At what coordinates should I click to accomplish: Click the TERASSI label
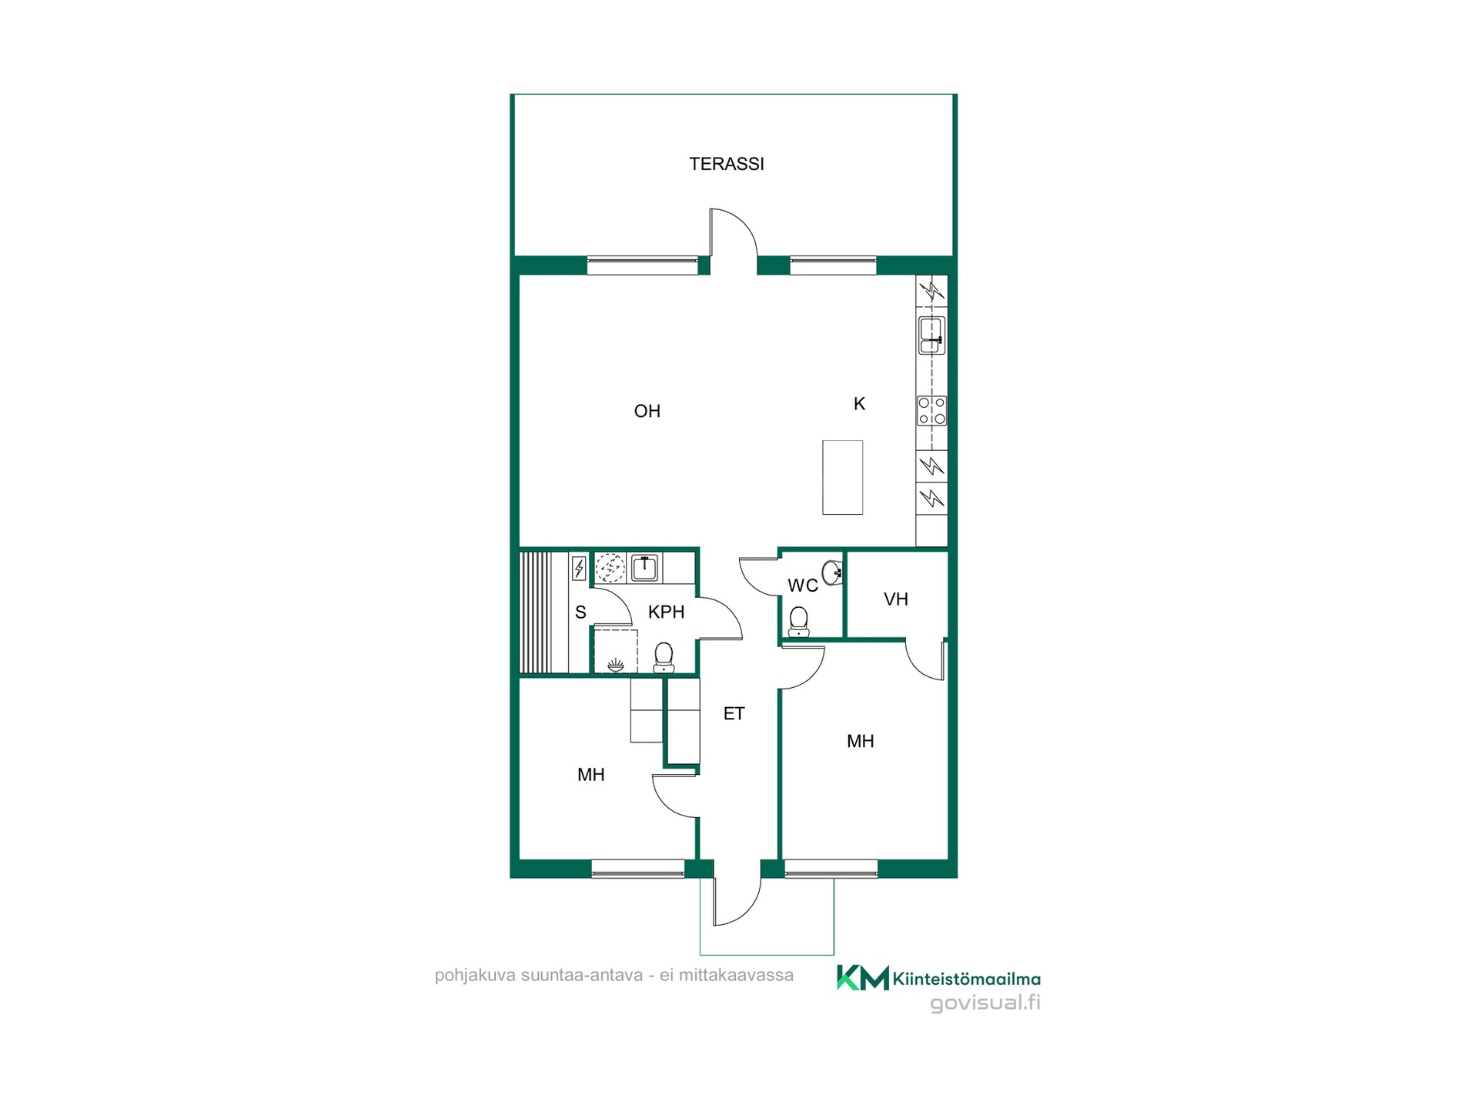point(726,164)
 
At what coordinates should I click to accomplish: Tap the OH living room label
point(647,411)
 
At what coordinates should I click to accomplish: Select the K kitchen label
point(859,404)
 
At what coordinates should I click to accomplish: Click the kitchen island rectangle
point(842,477)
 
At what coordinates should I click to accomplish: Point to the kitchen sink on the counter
point(931,335)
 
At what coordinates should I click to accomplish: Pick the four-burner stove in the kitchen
point(931,411)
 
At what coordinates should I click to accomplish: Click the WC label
point(803,586)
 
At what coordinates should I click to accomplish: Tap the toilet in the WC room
point(799,622)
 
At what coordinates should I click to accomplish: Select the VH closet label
point(896,599)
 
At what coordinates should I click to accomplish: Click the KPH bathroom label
point(666,612)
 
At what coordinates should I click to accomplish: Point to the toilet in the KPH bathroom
point(664,658)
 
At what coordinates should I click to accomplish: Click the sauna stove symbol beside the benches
point(579,569)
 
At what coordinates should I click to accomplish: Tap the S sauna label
point(580,612)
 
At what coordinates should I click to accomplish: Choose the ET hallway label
point(734,714)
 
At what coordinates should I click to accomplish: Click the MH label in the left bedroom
point(590,775)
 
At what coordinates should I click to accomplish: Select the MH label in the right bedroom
point(860,741)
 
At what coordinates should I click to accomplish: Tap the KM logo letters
point(863,978)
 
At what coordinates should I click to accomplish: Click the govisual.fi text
point(985,1003)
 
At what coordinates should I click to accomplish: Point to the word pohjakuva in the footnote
point(475,976)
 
